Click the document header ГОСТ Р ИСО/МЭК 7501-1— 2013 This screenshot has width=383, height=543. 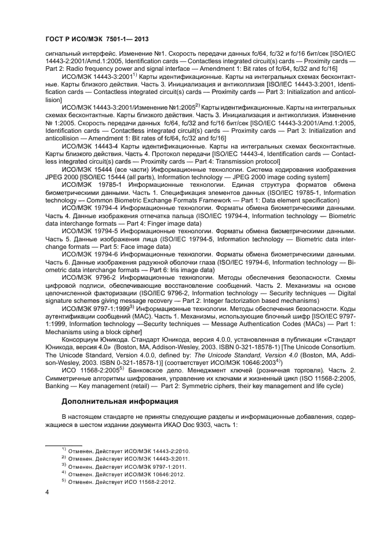click(x=97, y=39)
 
